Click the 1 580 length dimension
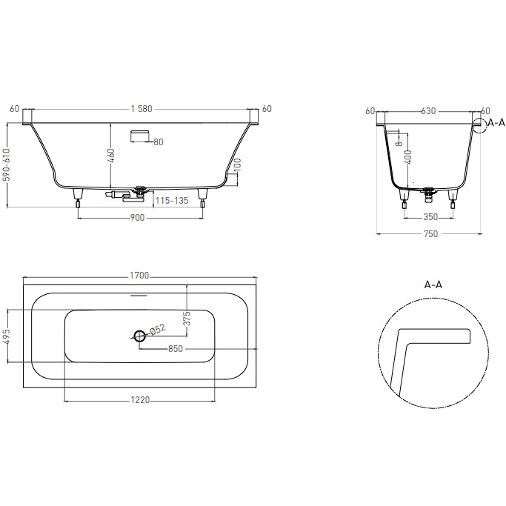(x=142, y=109)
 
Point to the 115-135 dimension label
(x=172, y=201)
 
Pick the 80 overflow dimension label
(x=159, y=142)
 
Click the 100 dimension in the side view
(x=236, y=164)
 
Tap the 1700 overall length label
(x=140, y=276)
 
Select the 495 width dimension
(x=7, y=336)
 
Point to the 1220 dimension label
(x=141, y=401)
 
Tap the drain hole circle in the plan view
(x=139, y=336)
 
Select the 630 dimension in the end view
(x=427, y=110)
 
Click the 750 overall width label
(x=430, y=234)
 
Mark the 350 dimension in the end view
(x=430, y=217)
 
